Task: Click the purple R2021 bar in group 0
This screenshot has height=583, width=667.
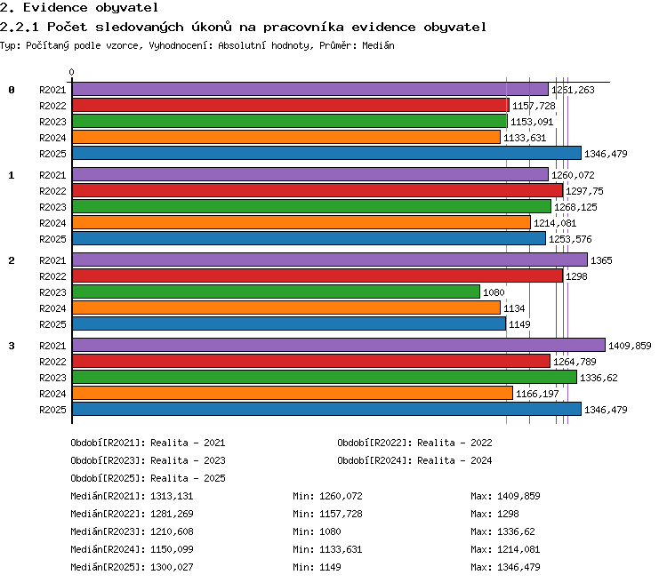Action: pos(310,89)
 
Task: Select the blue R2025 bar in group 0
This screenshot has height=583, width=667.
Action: pos(326,153)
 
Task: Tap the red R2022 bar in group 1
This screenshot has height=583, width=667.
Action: pos(317,190)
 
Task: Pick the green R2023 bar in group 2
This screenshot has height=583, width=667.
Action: pos(276,291)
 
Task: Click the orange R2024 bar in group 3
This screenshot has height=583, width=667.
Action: pos(293,393)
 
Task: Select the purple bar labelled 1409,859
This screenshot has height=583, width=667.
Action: pos(339,345)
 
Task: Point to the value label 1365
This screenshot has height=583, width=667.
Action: pos(601,260)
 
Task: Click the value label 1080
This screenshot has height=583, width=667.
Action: pos(494,292)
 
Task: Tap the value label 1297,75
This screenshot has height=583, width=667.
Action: pos(584,191)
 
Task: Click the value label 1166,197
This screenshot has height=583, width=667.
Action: pos(537,394)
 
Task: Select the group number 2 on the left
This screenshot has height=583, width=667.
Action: pos(12,260)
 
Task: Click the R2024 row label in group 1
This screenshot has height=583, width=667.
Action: pos(52,223)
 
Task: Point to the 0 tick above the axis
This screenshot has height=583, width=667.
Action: pos(71,72)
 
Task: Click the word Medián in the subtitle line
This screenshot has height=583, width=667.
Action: pos(378,45)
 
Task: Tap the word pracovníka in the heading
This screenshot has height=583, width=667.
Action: pos(303,28)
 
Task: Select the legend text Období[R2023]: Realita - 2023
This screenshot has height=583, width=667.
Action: pos(148,460)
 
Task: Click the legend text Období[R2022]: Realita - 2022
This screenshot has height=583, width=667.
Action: pos(414,443)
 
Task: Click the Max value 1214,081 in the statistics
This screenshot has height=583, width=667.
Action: pos(518,549)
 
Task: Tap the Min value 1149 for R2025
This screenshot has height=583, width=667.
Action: pos(330,567)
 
